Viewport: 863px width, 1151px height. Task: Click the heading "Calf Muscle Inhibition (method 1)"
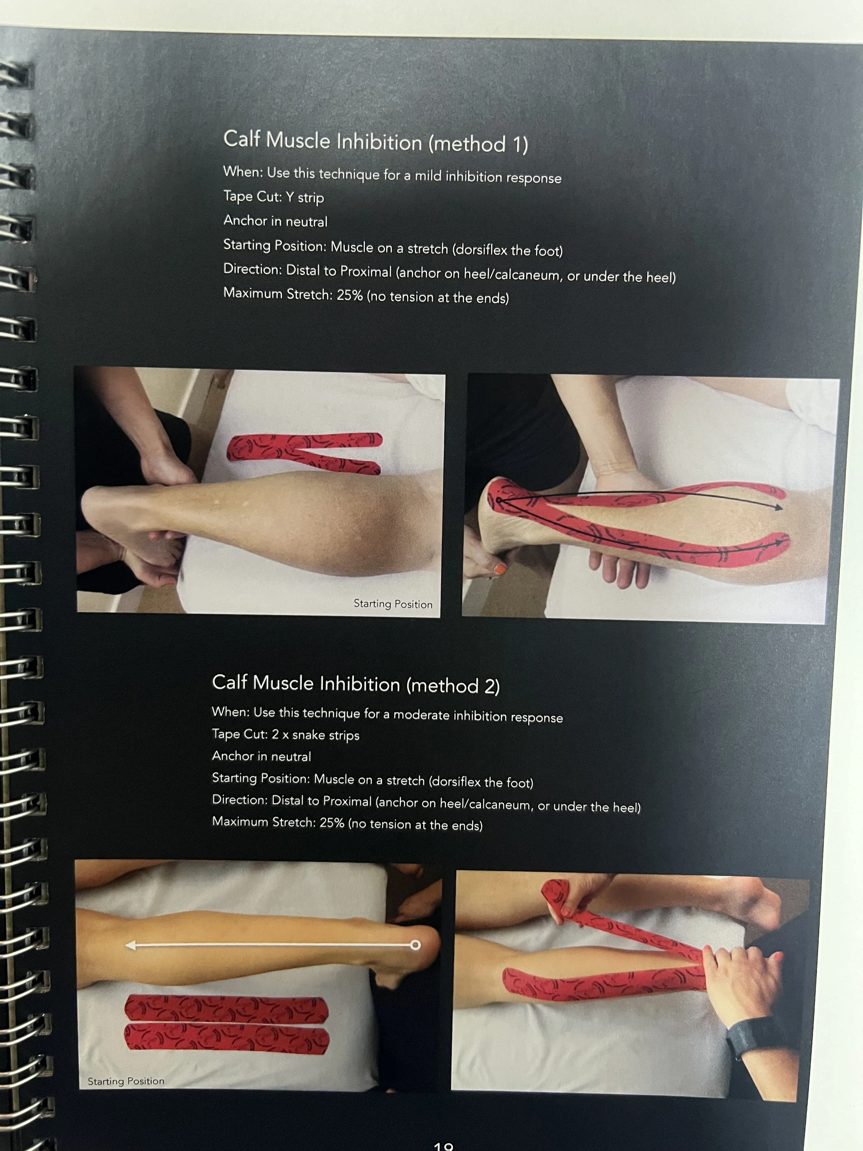click(x=376, y=142)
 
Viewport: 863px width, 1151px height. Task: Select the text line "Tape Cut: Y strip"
click(x=274, y=197)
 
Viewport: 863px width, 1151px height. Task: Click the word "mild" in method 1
click(x=428, y=175)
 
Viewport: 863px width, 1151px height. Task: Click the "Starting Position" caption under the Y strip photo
click(x=393, y=604)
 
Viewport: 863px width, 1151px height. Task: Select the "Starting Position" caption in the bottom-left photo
click(x=126, y=1081)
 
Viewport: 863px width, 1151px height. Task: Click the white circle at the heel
click(x=415, y=945)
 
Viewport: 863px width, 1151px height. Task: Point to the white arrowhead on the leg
click(x=131, y=945)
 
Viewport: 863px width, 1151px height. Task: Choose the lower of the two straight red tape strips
click(x=226, y=1038)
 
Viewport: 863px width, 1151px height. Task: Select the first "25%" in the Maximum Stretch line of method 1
click(x=350, y=295)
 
